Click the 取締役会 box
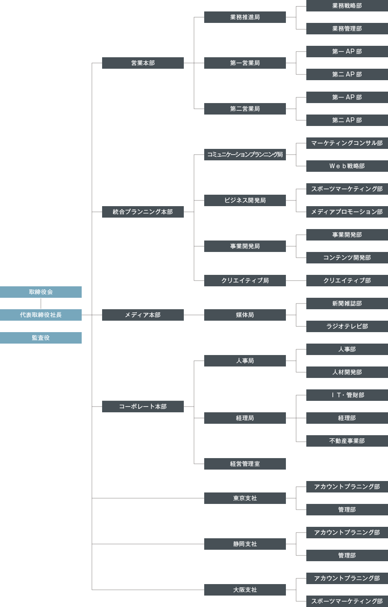tap(41, 292)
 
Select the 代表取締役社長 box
tap(41, 315)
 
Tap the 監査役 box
tap(41, 338)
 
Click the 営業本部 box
tap(143, 63)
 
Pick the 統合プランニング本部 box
tap(143, 212)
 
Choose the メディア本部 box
tap(143, 315)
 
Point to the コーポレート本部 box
tap(143, 407)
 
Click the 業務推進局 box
tap(245, 17)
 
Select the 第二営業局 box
tap(245, 109)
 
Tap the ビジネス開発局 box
tap(245, 200)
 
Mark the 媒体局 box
tap(245, 315)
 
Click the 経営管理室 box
tap(245, 464)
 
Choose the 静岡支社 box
tap(245, 544)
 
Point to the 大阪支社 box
tap(245, 590)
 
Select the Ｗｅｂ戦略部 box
tap(347, 166)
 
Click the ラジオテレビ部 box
tap(347, 326)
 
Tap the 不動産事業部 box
tap(347, 441)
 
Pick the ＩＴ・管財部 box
tap(347, 395)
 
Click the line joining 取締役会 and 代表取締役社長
tap(41, 303)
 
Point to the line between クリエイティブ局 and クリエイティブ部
tap(296, 281)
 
